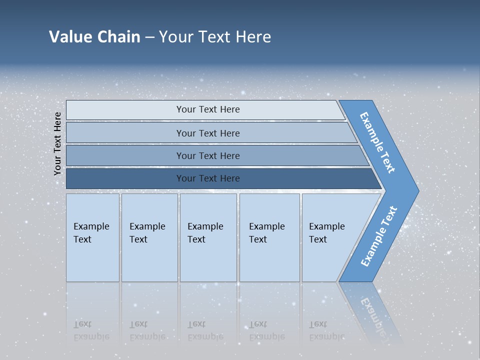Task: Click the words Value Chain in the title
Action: pyautogui.click(x=94, y=37)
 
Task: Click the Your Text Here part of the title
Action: pyautogui.click(x=215, y=37)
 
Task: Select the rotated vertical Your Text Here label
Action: pyautogui.click(x=58, y=143)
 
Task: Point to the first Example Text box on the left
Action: pyautogui.click(x=92, y=237)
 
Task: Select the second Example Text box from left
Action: pyautogui.click(x=149, y=237)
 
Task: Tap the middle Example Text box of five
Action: pyautogui.click(x=208, y=237)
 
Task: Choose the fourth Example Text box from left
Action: pyautogui.click(x=269, y=237)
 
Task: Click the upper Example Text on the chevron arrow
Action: pyautogui.click(x=377, y=142)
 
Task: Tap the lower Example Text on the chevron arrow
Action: pyautogui.click(x=378, y=236)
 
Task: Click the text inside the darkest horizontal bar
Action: pyautogui.click(x=208, y=178)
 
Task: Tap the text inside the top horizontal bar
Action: pyautogui.click(x=208, y=109)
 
